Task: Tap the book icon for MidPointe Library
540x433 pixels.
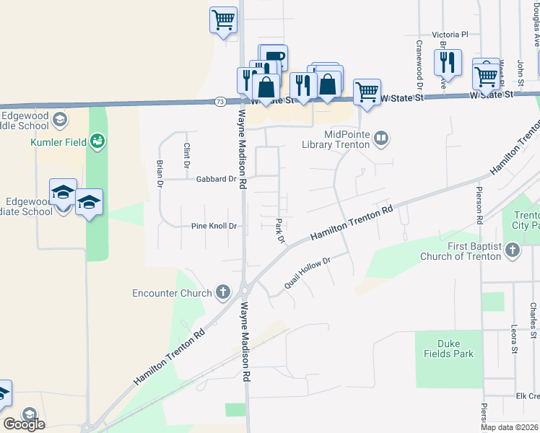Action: point(382,137)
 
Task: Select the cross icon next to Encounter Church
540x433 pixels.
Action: point(223,292)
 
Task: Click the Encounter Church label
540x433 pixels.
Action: point(172,293)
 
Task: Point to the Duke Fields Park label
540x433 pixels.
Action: point(455,349)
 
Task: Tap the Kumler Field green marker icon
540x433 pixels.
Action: point(97,141)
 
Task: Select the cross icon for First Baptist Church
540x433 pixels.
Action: point(513,250)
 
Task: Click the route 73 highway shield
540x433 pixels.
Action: point(220,102)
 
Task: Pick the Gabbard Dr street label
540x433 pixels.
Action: point(216,179)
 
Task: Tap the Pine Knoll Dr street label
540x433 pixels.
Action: point(214,226)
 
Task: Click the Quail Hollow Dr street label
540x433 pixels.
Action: point(307,271)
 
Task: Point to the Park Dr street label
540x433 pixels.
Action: point(281,231)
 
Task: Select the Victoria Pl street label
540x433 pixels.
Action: point(450,34)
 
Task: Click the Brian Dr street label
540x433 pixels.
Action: point(160,174)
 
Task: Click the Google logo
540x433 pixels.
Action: point(25,424)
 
